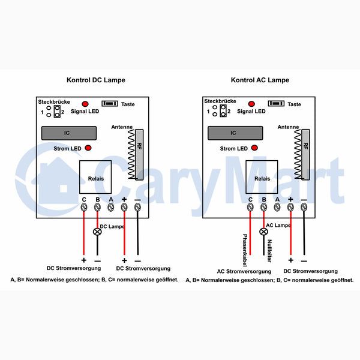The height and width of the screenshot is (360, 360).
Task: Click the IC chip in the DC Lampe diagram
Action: click(x=69, y=133)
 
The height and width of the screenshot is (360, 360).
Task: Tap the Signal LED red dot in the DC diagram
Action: click(x=85, y=104)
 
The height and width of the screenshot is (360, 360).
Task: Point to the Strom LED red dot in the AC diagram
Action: click(x=254, y=148)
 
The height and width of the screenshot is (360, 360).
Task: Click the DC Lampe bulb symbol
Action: click(x=97, y=232)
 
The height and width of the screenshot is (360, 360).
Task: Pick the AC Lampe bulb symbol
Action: click(x=263, y=232)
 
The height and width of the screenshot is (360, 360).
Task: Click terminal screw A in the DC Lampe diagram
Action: click(x=111, y=208)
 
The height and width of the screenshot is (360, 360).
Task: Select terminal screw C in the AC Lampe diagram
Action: click(x=250, y=208)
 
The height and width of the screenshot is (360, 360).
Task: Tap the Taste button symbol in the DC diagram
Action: click(x=110, y=104)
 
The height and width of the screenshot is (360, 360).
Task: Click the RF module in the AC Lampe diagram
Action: click(x=305, y=155)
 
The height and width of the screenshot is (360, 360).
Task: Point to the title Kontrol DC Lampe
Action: click(x=96, y=80)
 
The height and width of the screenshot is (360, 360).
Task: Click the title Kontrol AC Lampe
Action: click(x=260, y=80)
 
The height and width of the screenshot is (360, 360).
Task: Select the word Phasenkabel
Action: click(x=245, y=250)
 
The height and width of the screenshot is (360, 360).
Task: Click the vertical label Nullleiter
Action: click(x=270, y=251)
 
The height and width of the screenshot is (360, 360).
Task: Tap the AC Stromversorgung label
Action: click(x=244, y=271)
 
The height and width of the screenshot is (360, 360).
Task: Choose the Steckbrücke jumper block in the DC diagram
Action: click(x=57, y=112)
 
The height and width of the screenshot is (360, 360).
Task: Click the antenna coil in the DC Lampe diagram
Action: click(x=131, y=154)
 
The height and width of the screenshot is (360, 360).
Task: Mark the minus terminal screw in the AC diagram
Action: click(x=304, y=208)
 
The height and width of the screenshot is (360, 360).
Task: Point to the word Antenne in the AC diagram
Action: click(x=288, y=127)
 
